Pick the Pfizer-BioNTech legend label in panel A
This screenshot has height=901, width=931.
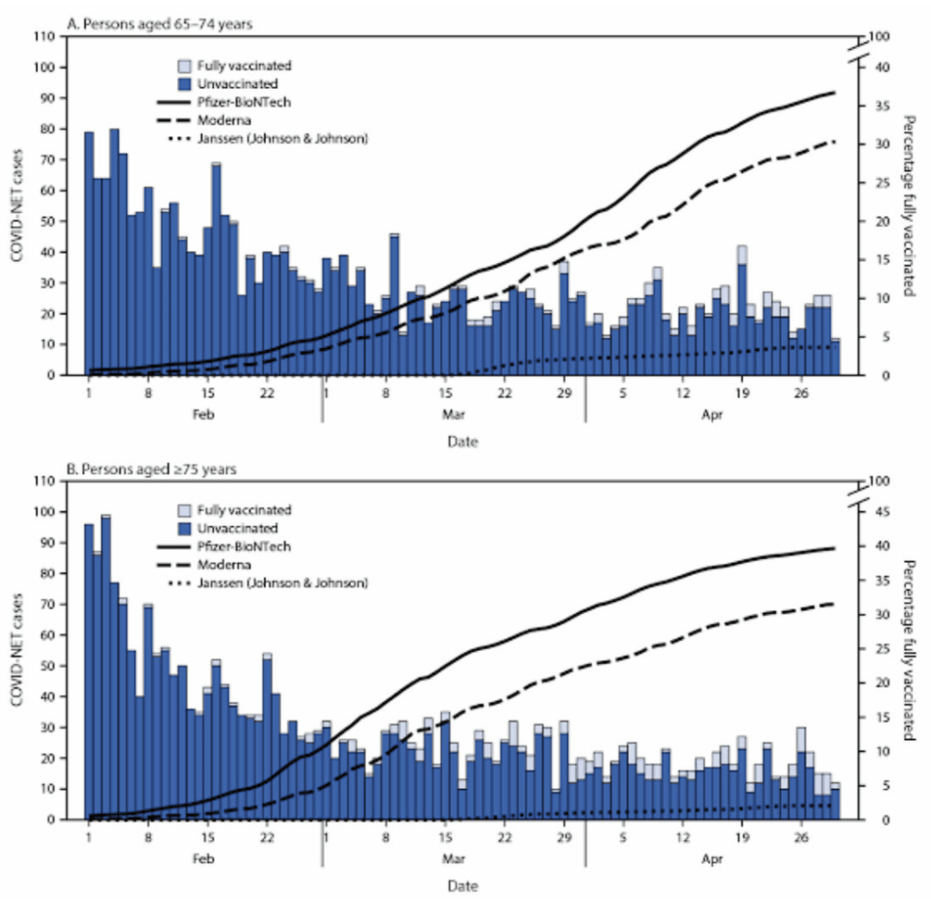pyautogui.click(x=246, y=102)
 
